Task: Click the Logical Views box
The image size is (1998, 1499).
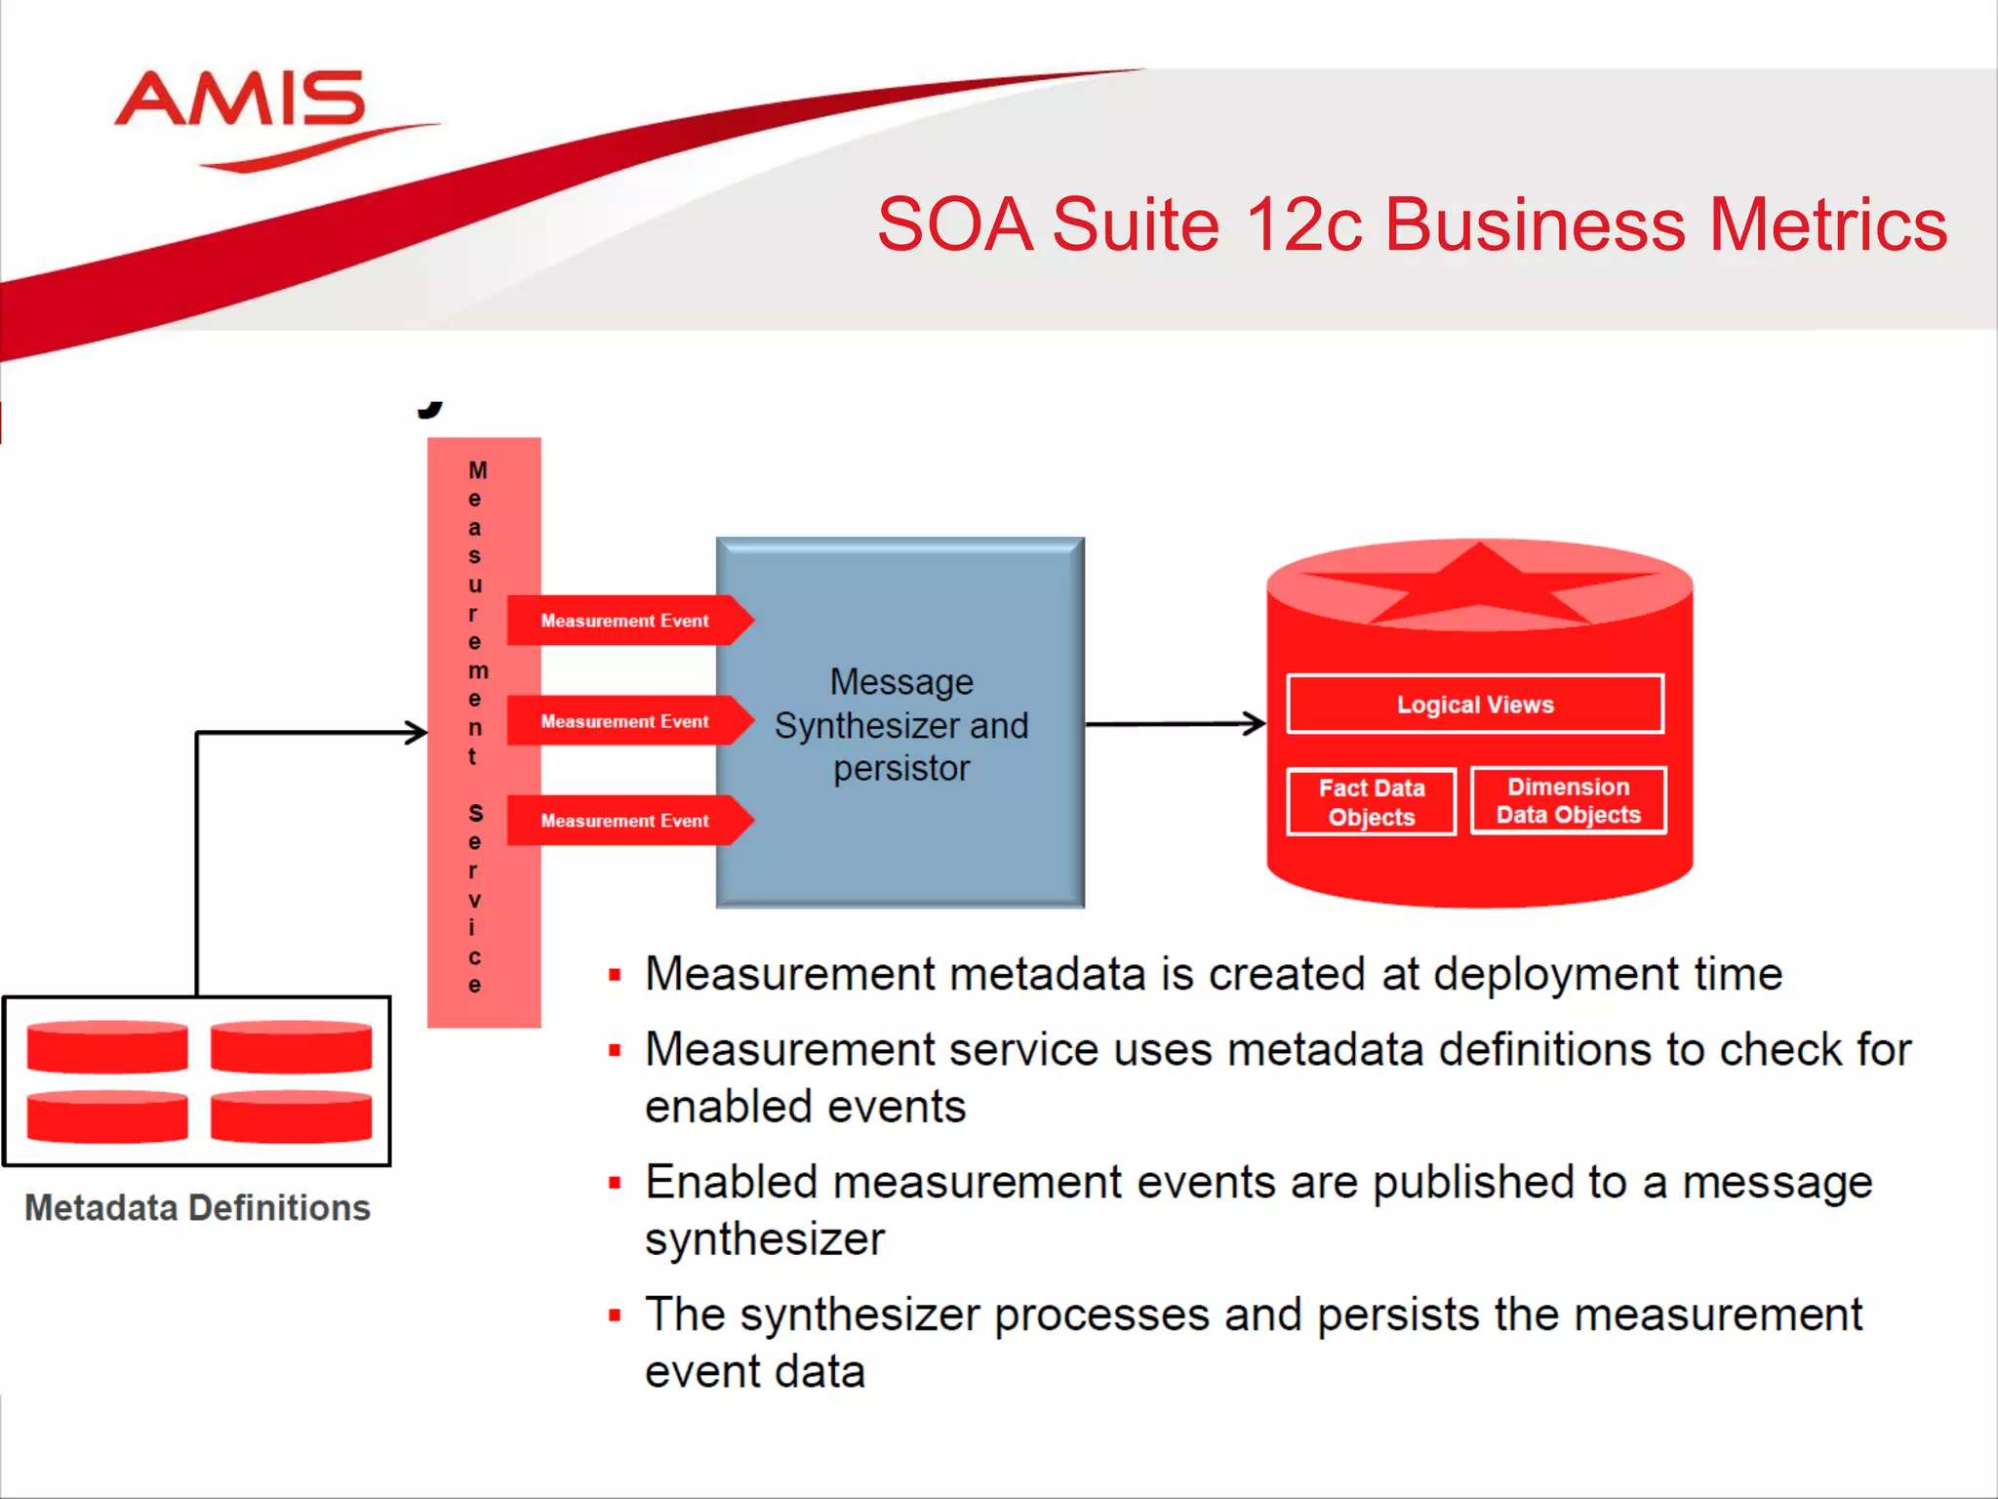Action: [x=1474, y=704]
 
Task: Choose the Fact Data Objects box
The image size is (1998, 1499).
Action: [x=1371, y=802]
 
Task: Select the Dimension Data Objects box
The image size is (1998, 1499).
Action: [x=1568, y=801]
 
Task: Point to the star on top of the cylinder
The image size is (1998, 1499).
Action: [x=1479, y=584]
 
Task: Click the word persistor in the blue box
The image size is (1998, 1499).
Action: [x=901, y=769]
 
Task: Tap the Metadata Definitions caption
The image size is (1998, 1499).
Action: [x=197, y=1208]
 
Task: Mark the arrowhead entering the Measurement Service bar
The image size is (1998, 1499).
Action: [x=417, y=732]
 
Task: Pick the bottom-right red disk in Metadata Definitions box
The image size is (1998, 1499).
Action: [x=291, y=1116]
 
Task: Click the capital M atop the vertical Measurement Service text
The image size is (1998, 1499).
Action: [x=477, y=470]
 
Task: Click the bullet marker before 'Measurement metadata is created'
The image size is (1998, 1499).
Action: [x=615, y=975]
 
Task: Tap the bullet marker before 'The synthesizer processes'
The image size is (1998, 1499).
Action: [x=615, y=1316]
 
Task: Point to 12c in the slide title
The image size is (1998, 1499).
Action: [x=1303, y=225]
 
